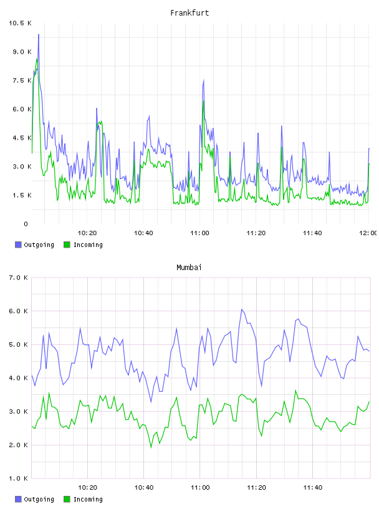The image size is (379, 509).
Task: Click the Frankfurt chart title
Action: coord(189,13)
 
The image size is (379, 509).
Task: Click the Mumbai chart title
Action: coord(189,268)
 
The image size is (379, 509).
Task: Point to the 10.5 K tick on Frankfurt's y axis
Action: coord(20,23)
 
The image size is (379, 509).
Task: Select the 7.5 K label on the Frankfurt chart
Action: coord(22,80)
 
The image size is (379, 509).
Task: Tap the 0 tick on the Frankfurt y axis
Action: coord(26,224)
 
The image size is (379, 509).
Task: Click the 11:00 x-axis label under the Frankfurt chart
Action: coord(199,233)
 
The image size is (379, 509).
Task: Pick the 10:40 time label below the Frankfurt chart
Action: coord(143,233)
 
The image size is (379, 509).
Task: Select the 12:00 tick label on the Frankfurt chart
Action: coord(368,233)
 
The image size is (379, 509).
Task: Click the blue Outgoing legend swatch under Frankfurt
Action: coord(18,245)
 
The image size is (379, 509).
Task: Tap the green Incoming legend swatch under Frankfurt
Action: coord(67,245)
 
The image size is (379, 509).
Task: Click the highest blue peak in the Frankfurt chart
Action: coord(39,34)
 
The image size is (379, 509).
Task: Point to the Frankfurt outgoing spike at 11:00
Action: coord(203,80)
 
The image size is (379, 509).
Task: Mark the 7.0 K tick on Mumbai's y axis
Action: coord(18,278)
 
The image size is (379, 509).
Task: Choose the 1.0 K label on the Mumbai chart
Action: coord(18,478)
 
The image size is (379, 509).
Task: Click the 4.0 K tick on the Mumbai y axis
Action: coord(18,378)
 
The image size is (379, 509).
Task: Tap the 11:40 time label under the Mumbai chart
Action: coord(312,488)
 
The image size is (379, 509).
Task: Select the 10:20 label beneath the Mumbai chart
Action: coord(88,488)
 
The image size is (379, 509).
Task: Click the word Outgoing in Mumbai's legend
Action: coord(39,499)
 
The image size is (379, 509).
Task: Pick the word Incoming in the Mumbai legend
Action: coord(88,499)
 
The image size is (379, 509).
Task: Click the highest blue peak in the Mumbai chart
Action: coord(242,309)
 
